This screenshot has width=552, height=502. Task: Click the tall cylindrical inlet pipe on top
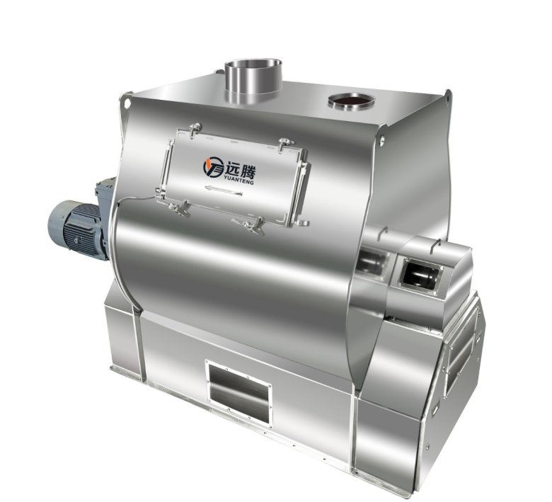(x=253, y=81)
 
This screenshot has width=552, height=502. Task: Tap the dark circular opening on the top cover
(x=351, y=101)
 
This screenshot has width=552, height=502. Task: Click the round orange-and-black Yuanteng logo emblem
(x=213, y=167)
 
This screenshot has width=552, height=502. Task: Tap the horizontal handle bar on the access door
(x=224, y=190)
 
